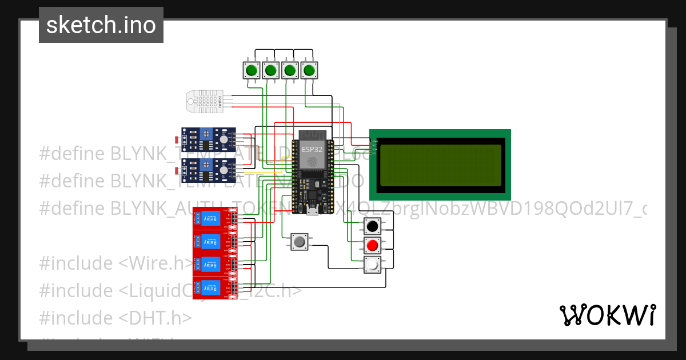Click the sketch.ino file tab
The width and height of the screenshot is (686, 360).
(x=101, y=25)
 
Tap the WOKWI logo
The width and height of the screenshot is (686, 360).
(x=607, y=315)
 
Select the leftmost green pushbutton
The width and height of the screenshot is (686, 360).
(x=251, y=70)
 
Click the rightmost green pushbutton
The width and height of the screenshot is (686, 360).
(x=309, y=70)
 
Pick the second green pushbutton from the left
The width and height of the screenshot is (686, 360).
(x=270, y=70)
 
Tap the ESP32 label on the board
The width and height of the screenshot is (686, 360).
(x=312, y=149)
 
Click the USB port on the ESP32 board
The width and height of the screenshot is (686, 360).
(x=312, y=212)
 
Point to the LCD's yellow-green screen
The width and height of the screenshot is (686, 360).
(x=440, y=165)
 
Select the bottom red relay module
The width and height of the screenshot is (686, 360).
(x=214, y=287)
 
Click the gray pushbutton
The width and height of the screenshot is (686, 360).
(x=298, y=242)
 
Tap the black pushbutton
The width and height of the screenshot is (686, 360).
(x=373, y=226)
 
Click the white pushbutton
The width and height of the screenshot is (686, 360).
(x=373, y=265)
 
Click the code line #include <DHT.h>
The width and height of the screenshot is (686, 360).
(x=115, y=317)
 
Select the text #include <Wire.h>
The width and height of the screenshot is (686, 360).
(x=117, y=263)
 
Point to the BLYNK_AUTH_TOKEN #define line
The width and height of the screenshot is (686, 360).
(x=343, y=208)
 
